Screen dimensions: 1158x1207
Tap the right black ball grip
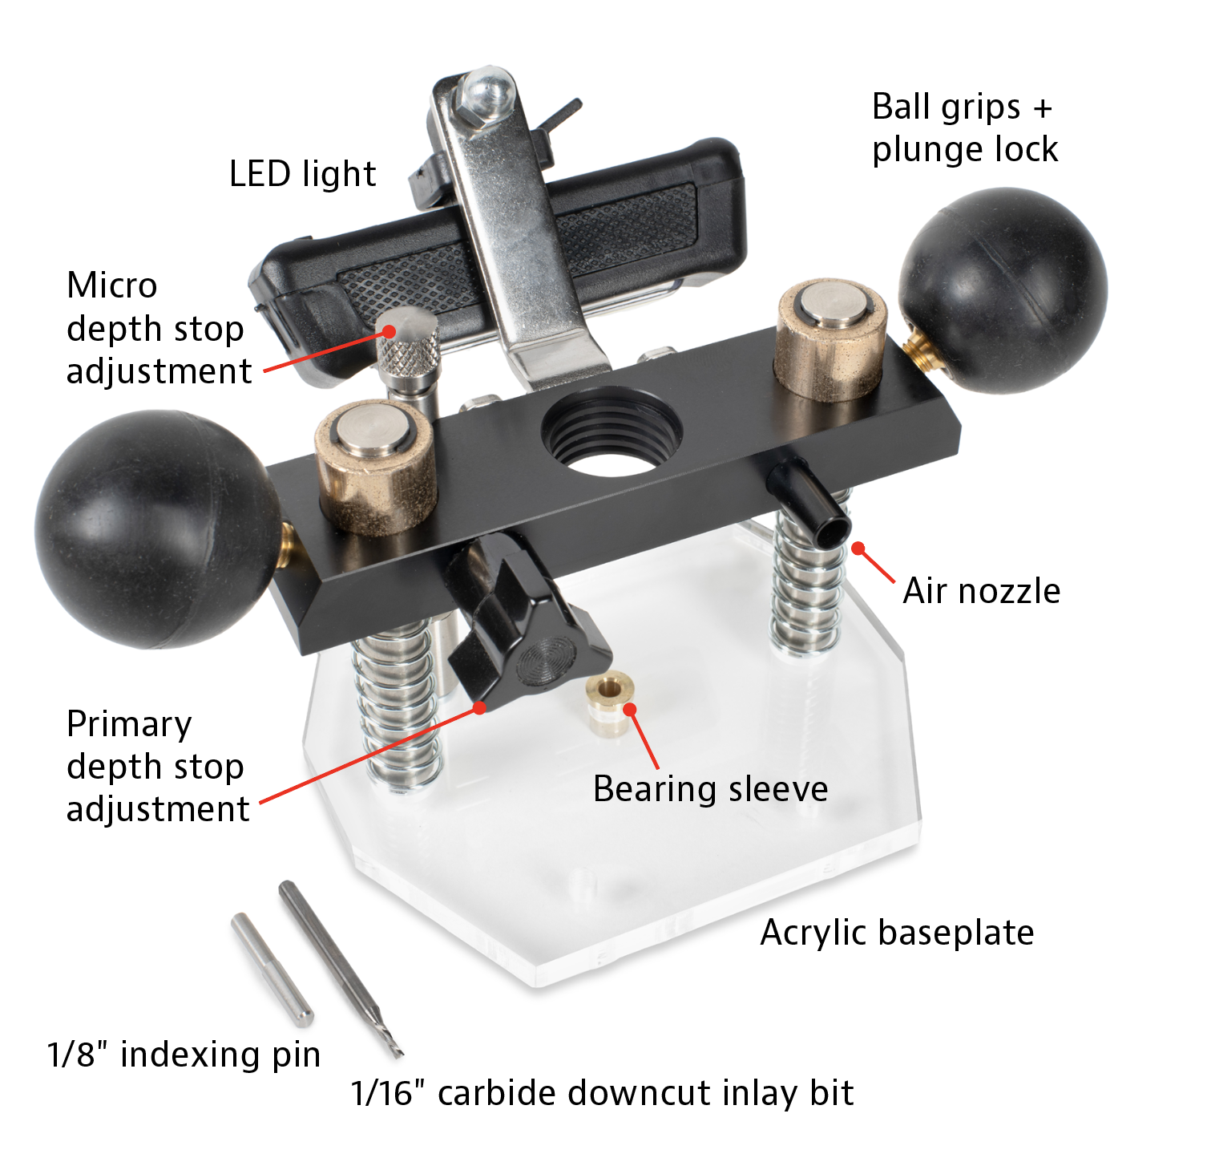[x=1003, y=290]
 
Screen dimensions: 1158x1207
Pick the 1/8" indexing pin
[x=272, y=969]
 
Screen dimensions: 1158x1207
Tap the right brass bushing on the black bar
[x=830, y=337]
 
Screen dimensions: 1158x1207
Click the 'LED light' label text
[x=302, y=174]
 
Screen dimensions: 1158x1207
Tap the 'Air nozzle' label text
[x=981, y=591]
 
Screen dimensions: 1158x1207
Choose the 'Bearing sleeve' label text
[x=710, y=789]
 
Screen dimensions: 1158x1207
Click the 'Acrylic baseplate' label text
[x=897, y=933]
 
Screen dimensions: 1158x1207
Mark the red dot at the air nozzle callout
[x=858, y=549]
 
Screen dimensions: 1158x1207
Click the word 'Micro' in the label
[x=112, y=285]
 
